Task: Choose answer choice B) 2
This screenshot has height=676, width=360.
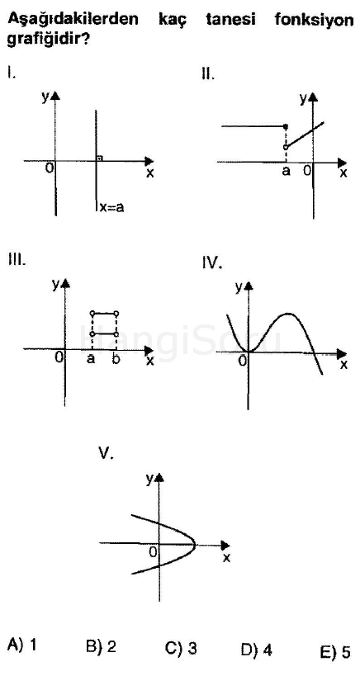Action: coord(101,645)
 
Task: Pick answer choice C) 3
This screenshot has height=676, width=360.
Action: coord(181,648)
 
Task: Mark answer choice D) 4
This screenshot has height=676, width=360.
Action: coord(257,650)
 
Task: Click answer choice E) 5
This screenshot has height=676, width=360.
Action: coord(335,652)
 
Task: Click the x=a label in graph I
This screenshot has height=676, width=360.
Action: coord(111,207)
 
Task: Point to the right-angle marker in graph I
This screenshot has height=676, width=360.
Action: coord(99,158)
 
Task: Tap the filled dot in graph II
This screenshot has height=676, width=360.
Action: coord(286,126)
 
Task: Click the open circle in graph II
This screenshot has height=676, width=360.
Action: coord(286,147)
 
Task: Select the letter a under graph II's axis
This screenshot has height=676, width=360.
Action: coord(286,171)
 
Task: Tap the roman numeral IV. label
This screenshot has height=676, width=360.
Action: coord(212,263)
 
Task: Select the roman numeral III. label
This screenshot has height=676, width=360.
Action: coord(17,260)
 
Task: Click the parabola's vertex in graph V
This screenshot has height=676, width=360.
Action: coord(197,544)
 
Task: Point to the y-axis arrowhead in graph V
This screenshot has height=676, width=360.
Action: coord(160,477)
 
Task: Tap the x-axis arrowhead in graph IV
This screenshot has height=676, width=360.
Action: coord(342,354)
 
